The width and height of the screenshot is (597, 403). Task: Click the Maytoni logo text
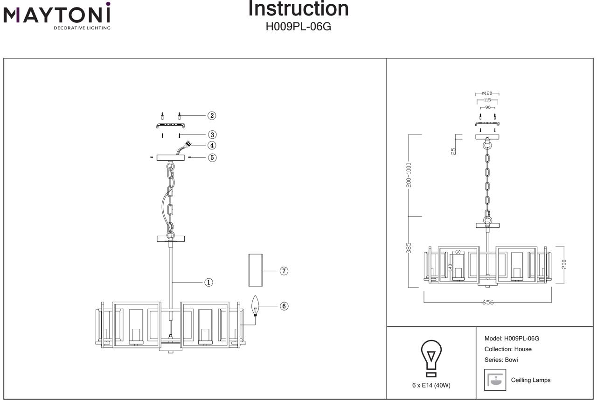(57, 15)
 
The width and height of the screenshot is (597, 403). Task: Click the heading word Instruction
(298, 9)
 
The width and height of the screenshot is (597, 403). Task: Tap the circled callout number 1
(208, 282)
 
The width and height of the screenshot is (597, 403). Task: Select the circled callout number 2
(212, 115)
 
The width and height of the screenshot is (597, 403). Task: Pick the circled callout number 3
(212, 134)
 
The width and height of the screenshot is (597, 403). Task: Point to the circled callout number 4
(212, 145)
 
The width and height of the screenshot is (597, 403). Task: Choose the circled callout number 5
(212, 157)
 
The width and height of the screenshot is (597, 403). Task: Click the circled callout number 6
(284, 306)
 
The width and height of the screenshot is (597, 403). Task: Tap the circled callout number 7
(284, 270)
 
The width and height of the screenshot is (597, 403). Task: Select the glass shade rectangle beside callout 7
(255, 270)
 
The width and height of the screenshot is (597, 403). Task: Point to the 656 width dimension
(487, 302)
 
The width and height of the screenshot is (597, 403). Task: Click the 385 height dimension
(409, 248)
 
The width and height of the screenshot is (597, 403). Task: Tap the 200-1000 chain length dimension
(409, 175)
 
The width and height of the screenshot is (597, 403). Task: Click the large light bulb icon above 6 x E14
(431, 357)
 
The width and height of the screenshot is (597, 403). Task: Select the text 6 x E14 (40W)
(431, 385)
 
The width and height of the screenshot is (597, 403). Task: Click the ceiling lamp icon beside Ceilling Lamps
(495, 379)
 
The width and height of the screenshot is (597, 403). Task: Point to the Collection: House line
(508, 349)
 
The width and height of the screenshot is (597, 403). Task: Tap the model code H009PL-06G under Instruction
(298, 27)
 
